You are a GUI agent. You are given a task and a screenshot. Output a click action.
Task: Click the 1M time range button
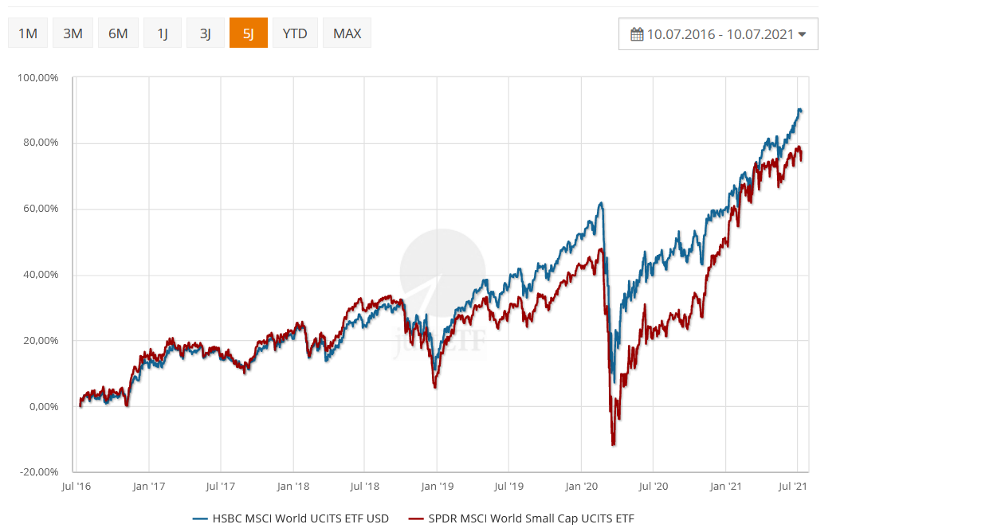click(x=28, y=33)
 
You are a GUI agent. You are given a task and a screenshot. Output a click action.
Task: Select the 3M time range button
click(x=73, y=33)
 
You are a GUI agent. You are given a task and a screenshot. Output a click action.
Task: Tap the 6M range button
click(x=118, y=33)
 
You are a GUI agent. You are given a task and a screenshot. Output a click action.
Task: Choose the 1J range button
click(x=163, y=33)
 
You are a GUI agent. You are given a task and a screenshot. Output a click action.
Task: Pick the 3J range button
click(x=206, y=33)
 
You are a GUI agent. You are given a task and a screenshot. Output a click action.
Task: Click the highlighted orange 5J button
click(x=249, y=33)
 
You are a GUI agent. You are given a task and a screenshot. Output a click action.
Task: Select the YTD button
click(x=295, y=33)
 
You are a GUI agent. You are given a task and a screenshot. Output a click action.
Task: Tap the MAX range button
click(x=347, y=33)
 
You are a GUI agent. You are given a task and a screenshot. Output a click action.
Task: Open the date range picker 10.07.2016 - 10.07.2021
click(x=718, y=34)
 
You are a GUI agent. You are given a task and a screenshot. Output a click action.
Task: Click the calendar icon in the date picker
click(x=636, y=34)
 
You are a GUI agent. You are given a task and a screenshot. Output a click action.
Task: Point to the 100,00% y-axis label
click(x=38, y=78)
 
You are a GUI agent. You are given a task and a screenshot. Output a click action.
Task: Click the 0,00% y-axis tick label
click(x=41, y=407)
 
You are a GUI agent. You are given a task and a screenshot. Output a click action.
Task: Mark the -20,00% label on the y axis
click(x=39, y=472)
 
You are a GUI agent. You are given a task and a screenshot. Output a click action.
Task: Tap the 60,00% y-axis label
click(x=41, y=209)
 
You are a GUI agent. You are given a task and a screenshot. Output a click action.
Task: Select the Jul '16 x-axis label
click(x=76, y=485)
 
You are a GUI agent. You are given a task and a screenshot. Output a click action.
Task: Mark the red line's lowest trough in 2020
click(x=613, y=444)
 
